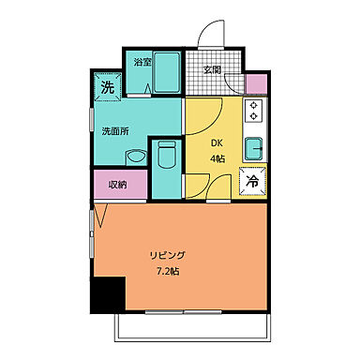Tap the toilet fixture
(x=166, y=155)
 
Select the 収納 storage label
(x=117, y=184)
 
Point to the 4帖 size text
(x=217, y=158)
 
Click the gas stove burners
(x=253, y=113)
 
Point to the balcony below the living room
(x=187, y=327)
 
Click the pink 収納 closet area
(x=117, y=185)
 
